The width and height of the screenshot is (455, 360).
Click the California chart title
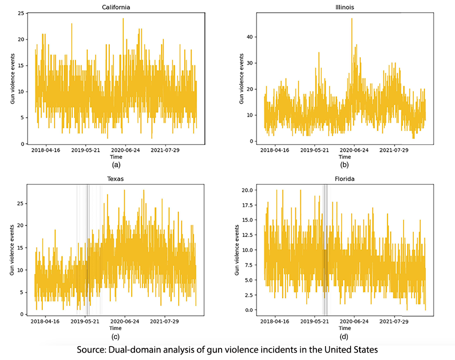116,7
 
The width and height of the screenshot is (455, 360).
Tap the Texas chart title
116,179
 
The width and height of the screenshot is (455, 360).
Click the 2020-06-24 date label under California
125,151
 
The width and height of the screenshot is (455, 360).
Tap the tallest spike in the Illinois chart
352,19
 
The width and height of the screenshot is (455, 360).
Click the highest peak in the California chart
123,19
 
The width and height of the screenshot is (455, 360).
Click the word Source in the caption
92,350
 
